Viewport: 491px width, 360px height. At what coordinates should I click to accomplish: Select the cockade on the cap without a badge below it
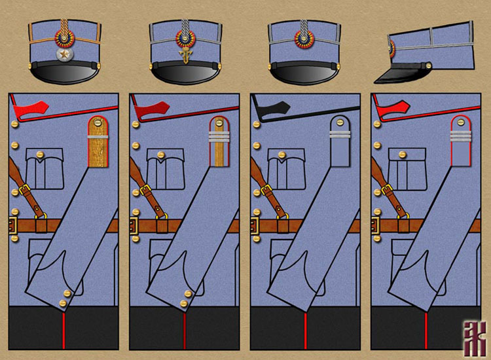[304, 40]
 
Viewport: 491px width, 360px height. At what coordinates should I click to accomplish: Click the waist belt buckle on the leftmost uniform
[12, 226]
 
